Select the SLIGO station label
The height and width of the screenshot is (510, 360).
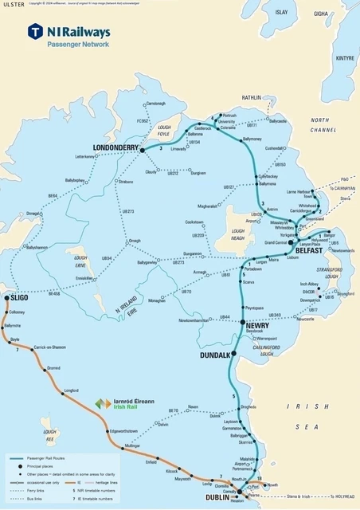click(19, 299)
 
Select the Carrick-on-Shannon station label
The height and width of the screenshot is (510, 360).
click(49, 347)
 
